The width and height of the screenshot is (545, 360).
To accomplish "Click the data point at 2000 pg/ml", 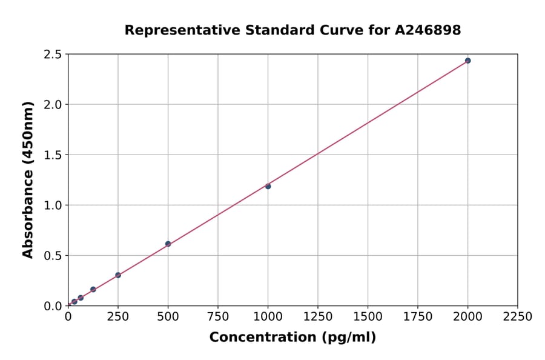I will coord(467,61).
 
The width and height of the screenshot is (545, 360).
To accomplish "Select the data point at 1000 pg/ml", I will coord(268,186).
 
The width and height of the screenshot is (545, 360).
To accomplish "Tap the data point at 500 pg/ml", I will coord(168,244).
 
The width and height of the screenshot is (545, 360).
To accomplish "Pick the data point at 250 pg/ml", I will coord(118,275).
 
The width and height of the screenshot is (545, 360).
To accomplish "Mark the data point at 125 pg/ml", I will coord(93,290).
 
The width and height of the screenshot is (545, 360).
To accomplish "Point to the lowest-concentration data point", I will coord(74,301).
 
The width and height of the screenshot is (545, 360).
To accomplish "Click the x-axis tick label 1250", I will coord(318,316).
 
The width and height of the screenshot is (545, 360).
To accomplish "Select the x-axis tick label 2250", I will coord(518,316).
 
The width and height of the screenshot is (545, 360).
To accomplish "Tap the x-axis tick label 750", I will coord(218,316).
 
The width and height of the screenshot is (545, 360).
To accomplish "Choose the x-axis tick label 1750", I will coord(418,316).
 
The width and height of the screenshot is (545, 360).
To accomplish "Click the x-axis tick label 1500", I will coord(368,316).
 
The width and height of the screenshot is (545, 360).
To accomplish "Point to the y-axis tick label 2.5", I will coord(53,55).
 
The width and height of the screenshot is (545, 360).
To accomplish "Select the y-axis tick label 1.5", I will coord(53,155).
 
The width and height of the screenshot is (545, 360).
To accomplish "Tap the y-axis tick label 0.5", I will coord(53,256).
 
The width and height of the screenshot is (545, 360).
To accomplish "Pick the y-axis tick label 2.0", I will coord(53,105).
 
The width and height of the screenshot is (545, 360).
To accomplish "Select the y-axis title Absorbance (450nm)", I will coord(28,180).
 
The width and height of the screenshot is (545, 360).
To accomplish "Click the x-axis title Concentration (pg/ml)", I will coord(292,338).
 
